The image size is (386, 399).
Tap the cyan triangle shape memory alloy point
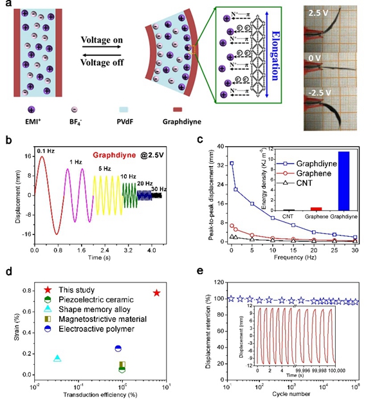tap(57, 358)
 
